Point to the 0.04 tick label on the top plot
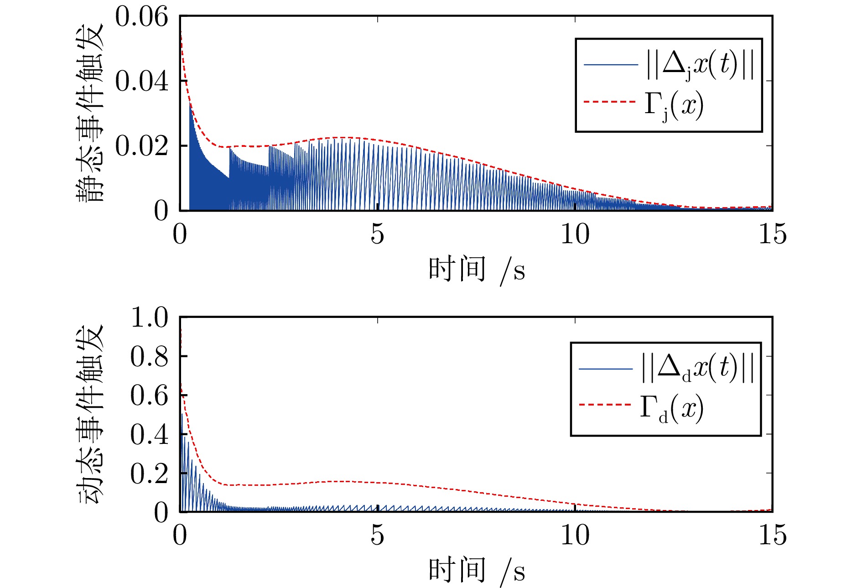point(141,82)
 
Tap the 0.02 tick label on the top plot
point(141,146)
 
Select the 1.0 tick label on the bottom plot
point(149,317)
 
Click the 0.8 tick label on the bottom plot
point(149,356)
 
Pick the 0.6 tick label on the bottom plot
point(149,395)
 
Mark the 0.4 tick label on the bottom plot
point(149,434)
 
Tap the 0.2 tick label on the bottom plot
point(149,474)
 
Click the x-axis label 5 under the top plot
point(377,234)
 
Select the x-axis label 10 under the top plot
point(575,234)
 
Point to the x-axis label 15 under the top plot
point(772,234)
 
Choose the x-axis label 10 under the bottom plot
point(575,535)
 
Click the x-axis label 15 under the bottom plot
point(772,535)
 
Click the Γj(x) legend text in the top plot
point(674,106)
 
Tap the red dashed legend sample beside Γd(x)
point(605,405)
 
